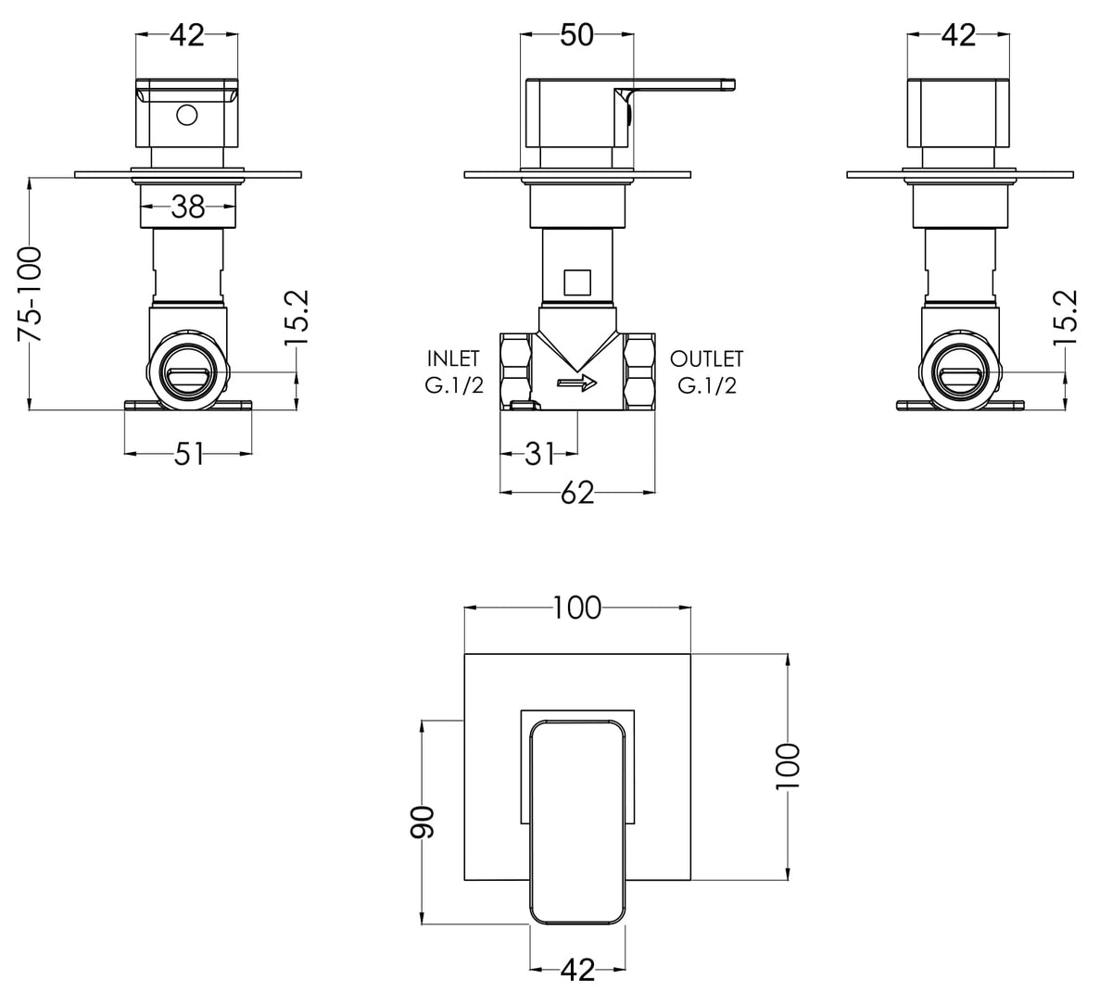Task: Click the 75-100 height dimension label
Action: click(x=30, y=295)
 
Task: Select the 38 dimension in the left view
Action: click(x=188, y=207)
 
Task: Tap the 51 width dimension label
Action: click(x=189, y=454)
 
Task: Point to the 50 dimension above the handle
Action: click(x=577, y=35)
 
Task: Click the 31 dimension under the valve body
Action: click(x=539, y=454)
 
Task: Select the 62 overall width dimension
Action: click(x=577, y=493)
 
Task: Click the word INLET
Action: click(x=453, y=358)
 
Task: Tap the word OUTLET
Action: click(x=706, y=358)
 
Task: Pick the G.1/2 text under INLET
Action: click(x=454, y=385)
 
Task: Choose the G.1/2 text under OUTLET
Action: click(x=707, y=385)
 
